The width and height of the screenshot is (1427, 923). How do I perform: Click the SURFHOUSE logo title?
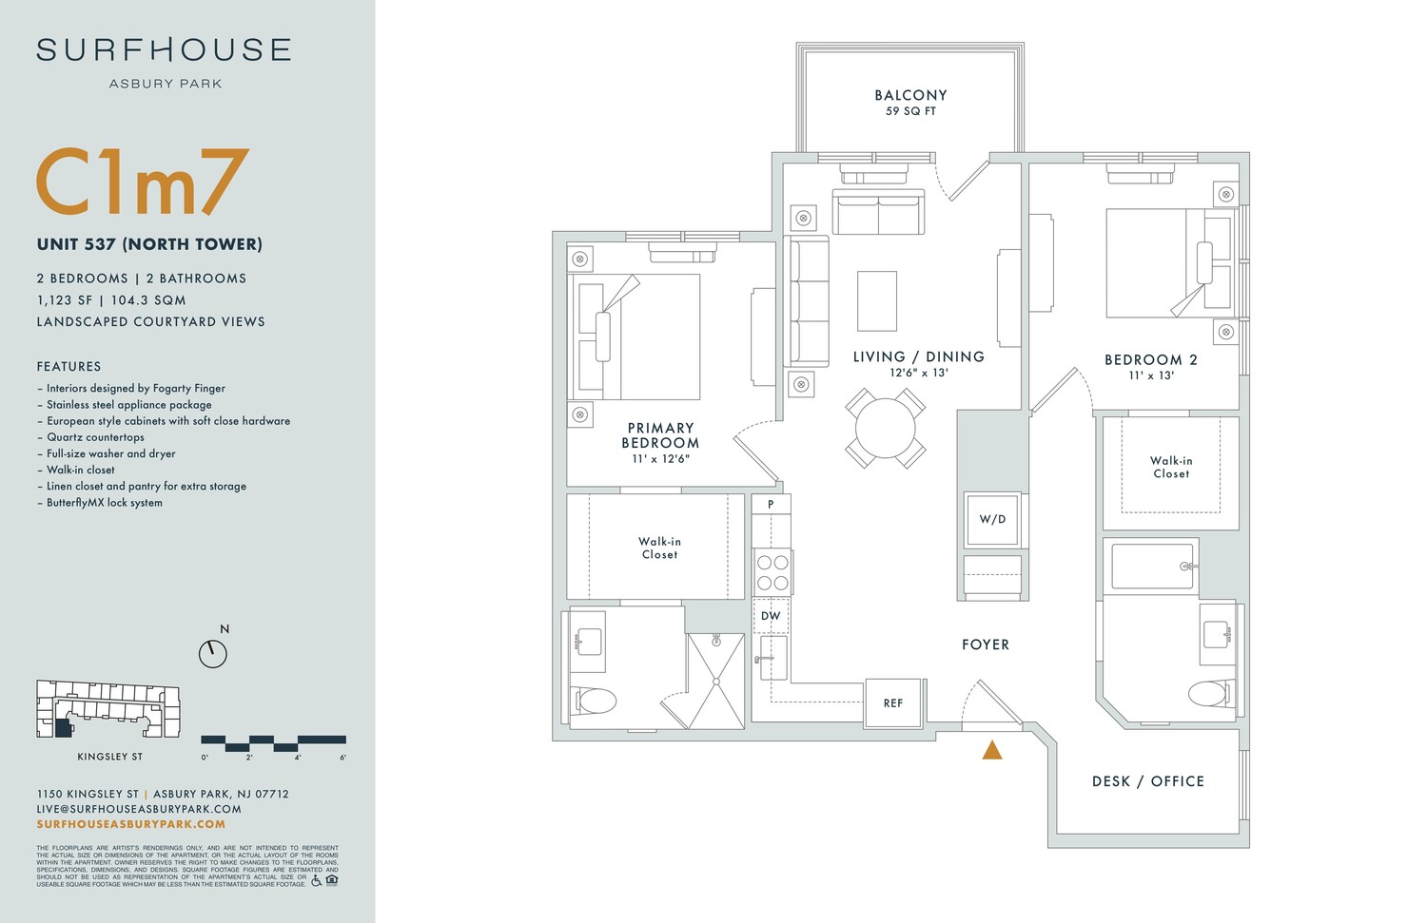click(x=164, y=50)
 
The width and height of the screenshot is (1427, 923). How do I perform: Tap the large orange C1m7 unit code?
click(x=143, y=183)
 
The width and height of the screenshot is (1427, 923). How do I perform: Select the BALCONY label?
click(x=910, y=95)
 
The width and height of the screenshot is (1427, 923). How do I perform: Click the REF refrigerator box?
click(x=892, y=703)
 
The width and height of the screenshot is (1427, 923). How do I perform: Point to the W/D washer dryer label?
click(x=992, y=519)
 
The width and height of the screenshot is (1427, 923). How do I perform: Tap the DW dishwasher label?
click(x=771, y=616)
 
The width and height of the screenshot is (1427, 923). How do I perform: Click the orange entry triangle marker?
click(x=992, y=750)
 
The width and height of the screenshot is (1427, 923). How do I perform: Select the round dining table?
click(x=885, y=428)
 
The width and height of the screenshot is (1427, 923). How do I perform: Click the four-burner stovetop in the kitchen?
click(x=772, y=572)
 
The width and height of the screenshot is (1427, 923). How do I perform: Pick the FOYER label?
click(x=986, y=644)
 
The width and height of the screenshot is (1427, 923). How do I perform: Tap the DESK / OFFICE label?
click(x=1147, y=781)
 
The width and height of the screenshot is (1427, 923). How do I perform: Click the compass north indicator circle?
click(x=213, y=653)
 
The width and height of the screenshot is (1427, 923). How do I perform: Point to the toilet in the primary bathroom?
click(x=596, y=702)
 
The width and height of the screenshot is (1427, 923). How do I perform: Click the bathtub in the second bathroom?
click(x=1151, y=566)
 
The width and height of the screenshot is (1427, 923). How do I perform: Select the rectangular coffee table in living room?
click(x=876, y=300)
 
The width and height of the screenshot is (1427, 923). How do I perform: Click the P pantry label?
click(x=771, y=504)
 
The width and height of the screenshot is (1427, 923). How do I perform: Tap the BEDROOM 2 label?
click(x=1150, y=360)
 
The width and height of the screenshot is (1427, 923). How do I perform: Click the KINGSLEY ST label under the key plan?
click(x=109, y=757)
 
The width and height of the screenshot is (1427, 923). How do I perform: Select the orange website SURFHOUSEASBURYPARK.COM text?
click(x=131, y=824)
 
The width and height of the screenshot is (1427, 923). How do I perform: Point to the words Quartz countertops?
click(x=95, y=437)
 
